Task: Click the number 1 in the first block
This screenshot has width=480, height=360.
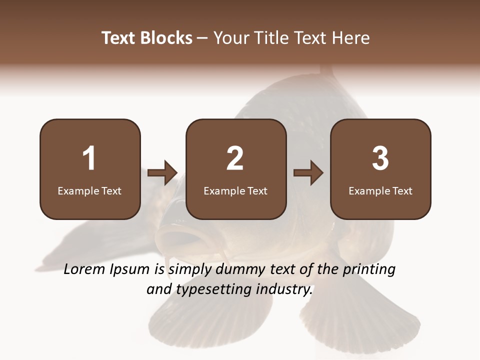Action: tap(89, 158)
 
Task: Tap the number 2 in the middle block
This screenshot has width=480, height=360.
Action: tap(235, 158)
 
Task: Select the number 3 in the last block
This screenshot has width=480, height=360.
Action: tap(380, 158)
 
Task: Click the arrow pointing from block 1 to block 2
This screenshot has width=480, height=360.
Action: tap(163, 173)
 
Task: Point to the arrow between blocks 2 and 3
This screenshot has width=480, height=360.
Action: tap(308, 173)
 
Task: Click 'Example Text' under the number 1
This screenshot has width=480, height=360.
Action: tap(89, 190)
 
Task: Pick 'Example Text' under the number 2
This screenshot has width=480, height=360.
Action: tap(235, 190)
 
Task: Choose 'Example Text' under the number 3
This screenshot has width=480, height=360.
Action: tap(380, 190)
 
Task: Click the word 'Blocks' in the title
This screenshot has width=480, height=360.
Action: tap(166, 38)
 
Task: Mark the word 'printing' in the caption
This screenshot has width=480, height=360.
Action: tap(369, 269)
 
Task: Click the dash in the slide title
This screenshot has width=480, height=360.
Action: tap(203, 38)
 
